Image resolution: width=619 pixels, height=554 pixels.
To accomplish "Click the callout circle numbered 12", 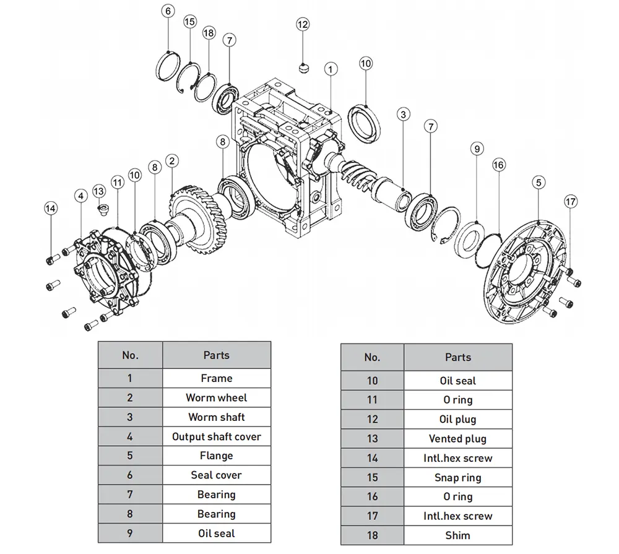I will [x=302, y=25].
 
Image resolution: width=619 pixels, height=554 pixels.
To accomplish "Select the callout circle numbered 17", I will [x=571, y=202].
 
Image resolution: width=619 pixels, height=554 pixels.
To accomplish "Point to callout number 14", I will [x=51, y=209].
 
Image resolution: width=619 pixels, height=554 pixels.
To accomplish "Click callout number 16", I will [x=499, y=165].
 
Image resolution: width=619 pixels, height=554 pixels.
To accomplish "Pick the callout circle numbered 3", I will [x=403, y=115].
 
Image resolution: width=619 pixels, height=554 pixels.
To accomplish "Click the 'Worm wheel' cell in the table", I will [x=216, y=397].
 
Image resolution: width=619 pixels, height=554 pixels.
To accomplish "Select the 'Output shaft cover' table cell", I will [x=216, y=436].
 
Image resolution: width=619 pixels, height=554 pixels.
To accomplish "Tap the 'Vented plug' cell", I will [x=457, y=439].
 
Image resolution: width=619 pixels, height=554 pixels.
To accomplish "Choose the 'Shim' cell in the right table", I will [x=457, y=535].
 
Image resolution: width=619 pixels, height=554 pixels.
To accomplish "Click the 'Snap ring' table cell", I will [x=457, y=477].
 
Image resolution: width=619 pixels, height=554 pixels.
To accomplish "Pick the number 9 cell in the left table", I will [x=130, y=533].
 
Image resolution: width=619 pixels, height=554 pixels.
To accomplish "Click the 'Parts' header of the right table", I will [x=457, y=357].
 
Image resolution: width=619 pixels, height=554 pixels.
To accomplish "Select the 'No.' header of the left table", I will [x=130, y=355].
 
